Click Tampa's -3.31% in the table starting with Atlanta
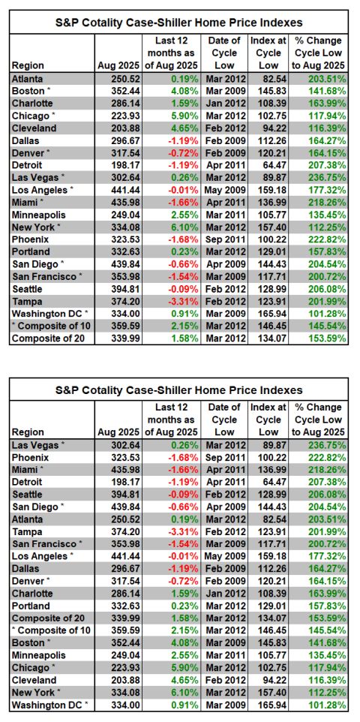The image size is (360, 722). click(183, 301)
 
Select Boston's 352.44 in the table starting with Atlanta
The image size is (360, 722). click(125, 90)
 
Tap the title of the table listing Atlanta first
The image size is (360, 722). click(179, 23)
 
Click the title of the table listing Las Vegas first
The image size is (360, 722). click(179, 390)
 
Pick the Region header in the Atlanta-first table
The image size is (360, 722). click(28, 65)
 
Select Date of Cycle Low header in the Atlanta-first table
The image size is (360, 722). click(224, 53)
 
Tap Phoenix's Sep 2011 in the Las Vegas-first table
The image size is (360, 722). click(224, 457)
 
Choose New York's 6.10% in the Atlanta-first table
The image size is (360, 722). click(184, 227)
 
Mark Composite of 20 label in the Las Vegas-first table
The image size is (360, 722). click(43, 619)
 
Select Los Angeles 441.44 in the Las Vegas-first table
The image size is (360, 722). click(125, 557)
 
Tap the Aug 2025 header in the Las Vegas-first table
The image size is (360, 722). click(118, 432)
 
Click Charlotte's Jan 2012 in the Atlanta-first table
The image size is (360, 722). click(224, 102)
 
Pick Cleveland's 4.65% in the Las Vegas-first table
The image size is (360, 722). click(184, 681)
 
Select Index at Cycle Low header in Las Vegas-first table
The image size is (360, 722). click(268, 420)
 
